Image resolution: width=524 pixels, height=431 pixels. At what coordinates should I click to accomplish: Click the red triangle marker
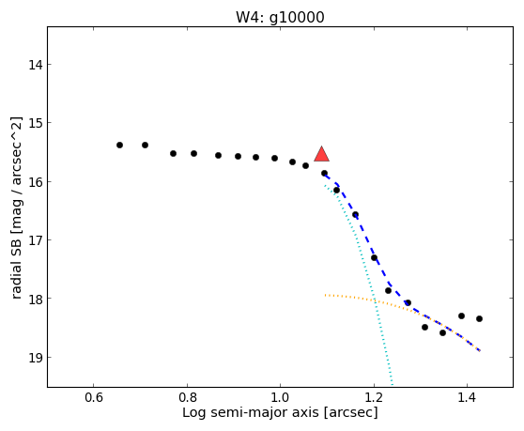pyautogui.click(x=321, y=154)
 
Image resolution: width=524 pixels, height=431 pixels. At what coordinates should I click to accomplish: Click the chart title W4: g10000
pyautogui.click(x=280, y=18)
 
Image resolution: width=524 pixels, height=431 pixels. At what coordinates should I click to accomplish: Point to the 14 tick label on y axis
pyautogui.click(x=36, y=65)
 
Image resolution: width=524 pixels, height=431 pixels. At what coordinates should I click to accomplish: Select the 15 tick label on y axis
pyautogui.click(x=36, y=123)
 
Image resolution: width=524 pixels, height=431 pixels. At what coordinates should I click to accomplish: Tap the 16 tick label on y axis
pyautogui.click(x=36, y=182)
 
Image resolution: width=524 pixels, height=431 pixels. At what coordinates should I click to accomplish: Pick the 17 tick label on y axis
pyautogui.click(x=36, y=240)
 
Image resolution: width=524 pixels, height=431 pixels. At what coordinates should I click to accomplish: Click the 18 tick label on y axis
pyautogui.click(x=36, y=299)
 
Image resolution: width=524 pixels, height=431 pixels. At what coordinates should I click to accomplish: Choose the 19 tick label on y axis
pyautogui.click(x=36, y=358)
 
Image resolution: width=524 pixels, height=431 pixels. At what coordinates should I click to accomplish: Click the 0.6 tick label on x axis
pyautogui.click(x=94, y=397)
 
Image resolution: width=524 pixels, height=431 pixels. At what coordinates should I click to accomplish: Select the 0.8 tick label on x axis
pyautogui.click(x=187, y=397)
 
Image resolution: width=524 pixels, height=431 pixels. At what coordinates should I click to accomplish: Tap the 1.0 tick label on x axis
pyautogui.click(x=281, y=397)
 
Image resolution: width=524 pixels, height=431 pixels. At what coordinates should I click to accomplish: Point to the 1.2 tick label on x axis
pyautogui.click(x=374, y=397)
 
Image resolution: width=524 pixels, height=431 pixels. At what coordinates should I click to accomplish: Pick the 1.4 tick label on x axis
pyautogui.click(x=468, y=397)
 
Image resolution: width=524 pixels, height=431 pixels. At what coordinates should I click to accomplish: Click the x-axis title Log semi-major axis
pyautogui.click(x=251, y=413)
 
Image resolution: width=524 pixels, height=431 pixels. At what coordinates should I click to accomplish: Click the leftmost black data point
pyautogui.click(x=119, y=145)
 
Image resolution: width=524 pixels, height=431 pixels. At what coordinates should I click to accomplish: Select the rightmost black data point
pyautogui.click(x=479, y=318)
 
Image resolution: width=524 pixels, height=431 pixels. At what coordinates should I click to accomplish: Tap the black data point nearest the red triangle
pyautogui.click(x=324, y=173)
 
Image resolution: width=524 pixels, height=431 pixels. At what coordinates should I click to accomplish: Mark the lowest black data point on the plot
pyautogui.click(x=442, y=332)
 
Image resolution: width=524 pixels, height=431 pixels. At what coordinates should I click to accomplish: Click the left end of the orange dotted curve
pyautogui.click(x=325, y=295)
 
